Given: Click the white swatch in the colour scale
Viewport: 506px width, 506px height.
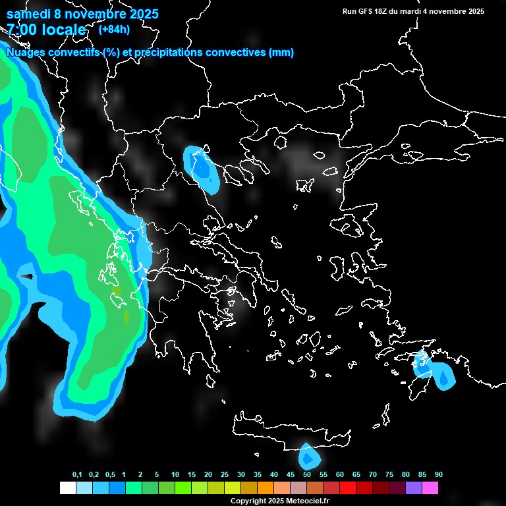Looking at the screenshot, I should tap(67, 488).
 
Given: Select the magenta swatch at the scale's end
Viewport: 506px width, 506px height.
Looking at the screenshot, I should tap(430, 488).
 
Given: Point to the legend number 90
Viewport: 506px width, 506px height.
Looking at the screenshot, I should tap(438, 475).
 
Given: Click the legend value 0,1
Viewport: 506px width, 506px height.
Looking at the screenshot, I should tap(77, 475).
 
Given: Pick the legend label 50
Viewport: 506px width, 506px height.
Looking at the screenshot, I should tap(307, 475).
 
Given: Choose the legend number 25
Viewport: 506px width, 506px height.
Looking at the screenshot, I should tap(225, 475).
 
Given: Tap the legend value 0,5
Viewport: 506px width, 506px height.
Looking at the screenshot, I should tap(110, 475).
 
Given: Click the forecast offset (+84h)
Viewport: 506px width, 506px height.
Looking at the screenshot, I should tap(113, 29).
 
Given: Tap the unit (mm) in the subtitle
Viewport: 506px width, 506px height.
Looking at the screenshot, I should tap(281, 53).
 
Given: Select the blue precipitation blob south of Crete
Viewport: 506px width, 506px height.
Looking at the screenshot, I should tap(308, 457).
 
